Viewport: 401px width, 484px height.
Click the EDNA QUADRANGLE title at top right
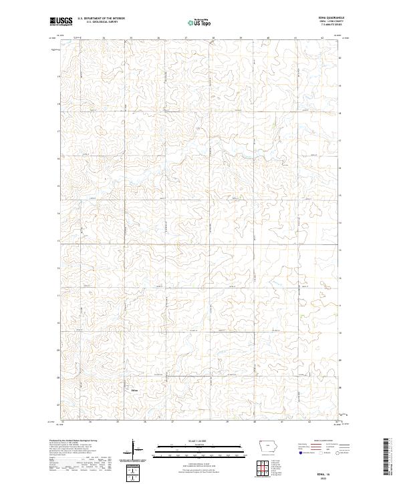[331, 19]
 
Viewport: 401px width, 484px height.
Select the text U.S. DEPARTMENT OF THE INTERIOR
[101, 19]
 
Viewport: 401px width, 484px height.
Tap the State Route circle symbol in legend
[338, 453]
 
